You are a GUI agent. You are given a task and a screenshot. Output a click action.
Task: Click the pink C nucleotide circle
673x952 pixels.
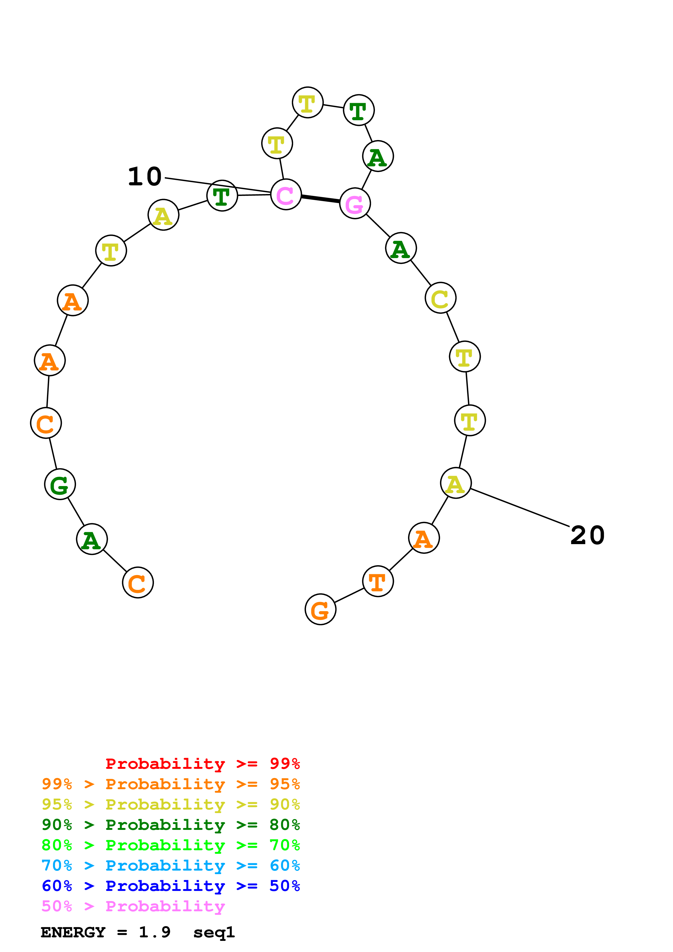point(286,195)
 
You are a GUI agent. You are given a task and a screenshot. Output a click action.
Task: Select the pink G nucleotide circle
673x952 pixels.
point(355,203)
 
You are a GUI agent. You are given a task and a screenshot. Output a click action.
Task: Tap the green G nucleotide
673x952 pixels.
point(60,484)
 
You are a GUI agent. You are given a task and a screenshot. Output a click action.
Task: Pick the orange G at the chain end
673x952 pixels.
point(320,610)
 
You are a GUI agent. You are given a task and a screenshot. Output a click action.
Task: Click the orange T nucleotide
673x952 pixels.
point(378,581)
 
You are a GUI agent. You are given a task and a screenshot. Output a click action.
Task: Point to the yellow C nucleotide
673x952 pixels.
point(440,298)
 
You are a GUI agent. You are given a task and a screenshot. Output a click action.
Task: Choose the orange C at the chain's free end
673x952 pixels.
point(138,583)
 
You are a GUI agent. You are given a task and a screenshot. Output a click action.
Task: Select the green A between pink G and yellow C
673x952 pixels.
point(400,248)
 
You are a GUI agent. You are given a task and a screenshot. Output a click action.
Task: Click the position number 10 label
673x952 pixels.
point(145,177)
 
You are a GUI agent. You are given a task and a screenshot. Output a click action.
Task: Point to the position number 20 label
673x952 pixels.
point(587,535)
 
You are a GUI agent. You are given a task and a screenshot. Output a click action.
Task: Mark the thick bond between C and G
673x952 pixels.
point(320,199)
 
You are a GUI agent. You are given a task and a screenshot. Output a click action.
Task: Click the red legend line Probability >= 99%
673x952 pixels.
point(202,764)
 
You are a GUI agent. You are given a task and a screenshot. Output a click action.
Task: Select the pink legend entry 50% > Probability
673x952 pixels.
point(133,906)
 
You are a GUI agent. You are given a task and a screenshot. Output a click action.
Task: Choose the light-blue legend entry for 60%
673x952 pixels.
point(170,866)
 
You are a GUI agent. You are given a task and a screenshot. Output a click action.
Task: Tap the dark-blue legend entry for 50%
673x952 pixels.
point(170,886)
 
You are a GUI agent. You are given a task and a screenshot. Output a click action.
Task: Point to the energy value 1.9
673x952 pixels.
point(154,932)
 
